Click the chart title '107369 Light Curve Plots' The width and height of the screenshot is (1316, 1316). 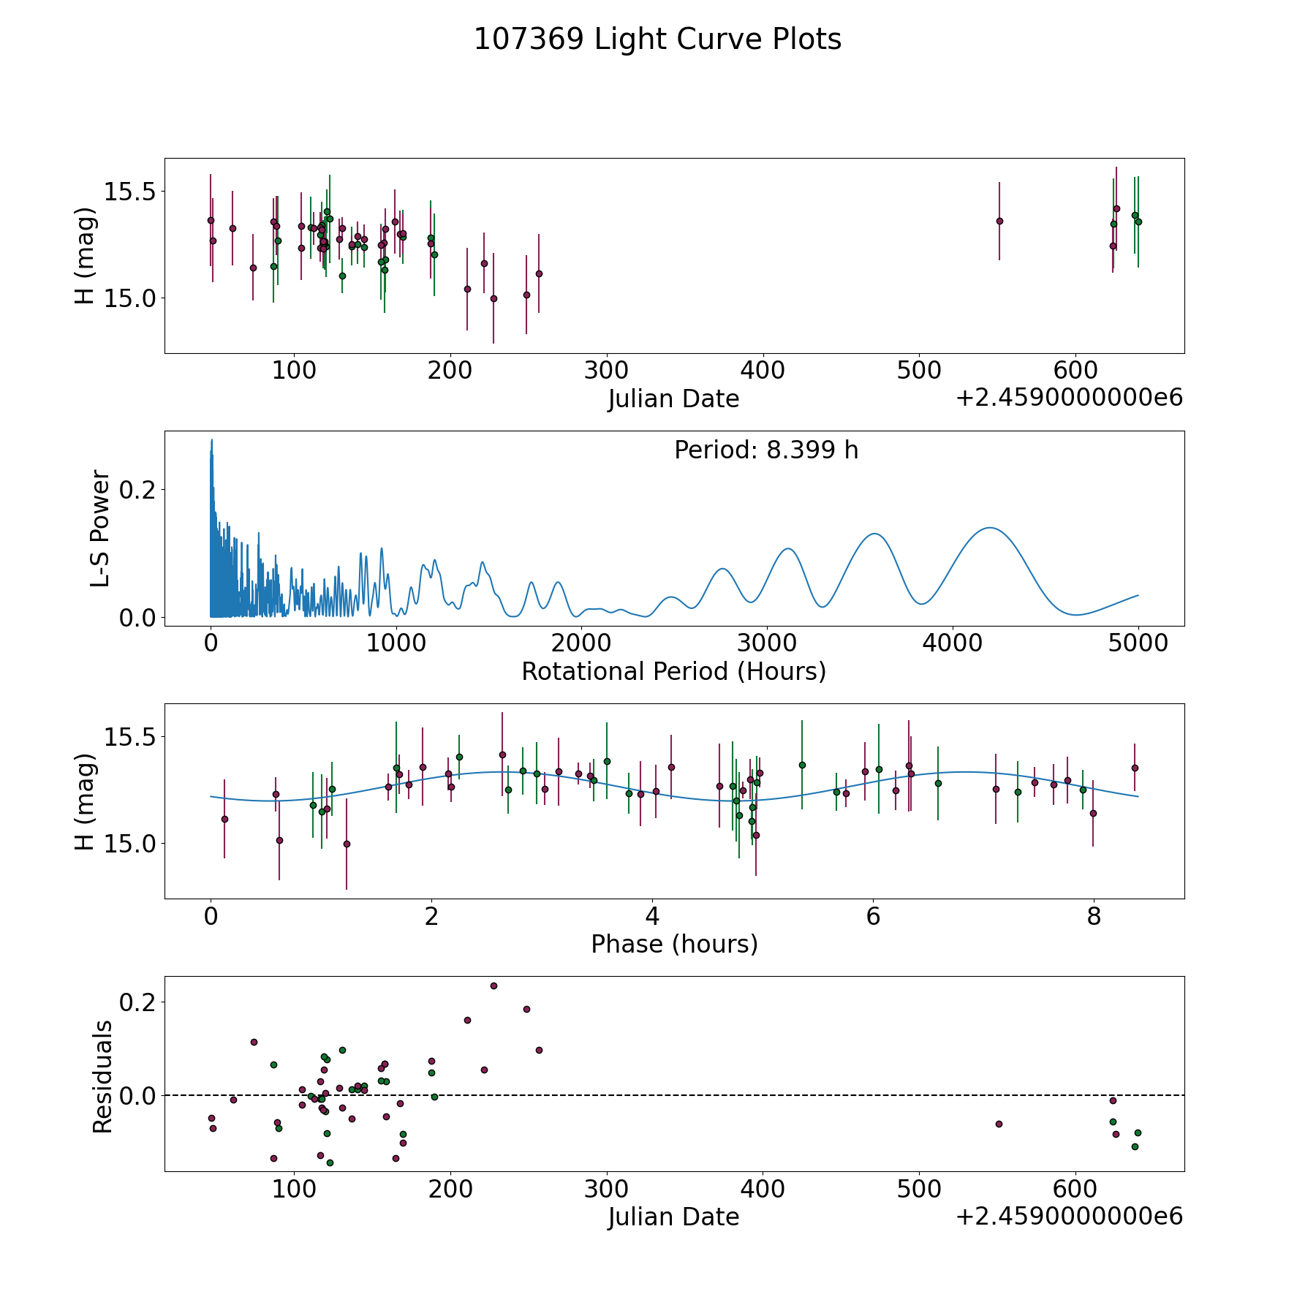point(657,39)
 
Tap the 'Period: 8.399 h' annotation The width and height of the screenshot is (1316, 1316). point(766,450)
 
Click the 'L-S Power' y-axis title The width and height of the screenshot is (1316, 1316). point(100,529)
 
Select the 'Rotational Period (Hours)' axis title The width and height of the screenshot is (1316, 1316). point(673,671)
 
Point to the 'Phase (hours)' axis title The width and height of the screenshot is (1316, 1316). point(674,944)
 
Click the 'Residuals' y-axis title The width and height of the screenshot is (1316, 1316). point(102,1076)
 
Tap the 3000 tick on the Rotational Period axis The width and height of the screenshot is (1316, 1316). point(766,643)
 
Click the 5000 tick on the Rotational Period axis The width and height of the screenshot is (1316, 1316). point(1138,643)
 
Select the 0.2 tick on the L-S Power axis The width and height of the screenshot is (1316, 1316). point(137,489)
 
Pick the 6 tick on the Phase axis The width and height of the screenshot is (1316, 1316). point(873,916)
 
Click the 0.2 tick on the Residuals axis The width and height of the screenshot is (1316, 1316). point(137,1002)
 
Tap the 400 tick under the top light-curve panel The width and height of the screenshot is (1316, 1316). point(763,371)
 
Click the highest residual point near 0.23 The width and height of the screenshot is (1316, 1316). point(494,986)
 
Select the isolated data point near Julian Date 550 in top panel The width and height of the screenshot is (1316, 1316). point(999,221)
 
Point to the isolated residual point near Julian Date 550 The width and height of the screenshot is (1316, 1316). point(999,1124)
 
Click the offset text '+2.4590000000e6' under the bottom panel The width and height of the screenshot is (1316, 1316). point(1070,1216)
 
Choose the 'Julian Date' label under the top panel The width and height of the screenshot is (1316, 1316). point(673,399)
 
